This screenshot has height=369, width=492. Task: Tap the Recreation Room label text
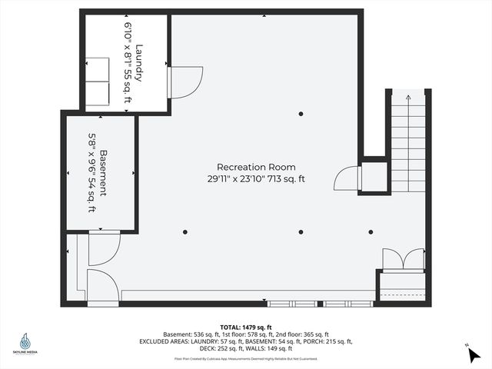[256, 167]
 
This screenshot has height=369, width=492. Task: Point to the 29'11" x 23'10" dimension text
[256, 179]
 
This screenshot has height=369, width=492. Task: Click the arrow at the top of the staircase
[407, 97]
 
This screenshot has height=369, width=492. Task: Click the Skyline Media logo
[26, 344]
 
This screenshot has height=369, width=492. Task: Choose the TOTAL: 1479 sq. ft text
[245, 326]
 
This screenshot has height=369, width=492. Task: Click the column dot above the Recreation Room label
[301, 114]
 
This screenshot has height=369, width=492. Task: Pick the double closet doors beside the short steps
[404, 259]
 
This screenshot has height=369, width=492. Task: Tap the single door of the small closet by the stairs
[347, 178]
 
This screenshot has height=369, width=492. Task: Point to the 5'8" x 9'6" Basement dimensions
[91, 173]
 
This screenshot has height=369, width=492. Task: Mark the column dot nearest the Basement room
[184, 231]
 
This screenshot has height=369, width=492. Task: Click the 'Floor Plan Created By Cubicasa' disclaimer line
[245, 358]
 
